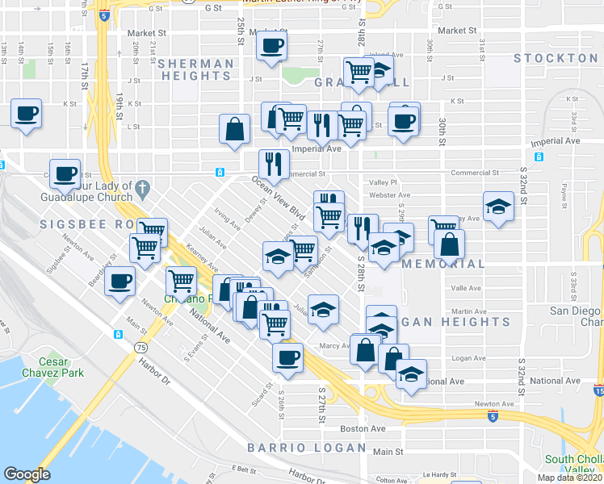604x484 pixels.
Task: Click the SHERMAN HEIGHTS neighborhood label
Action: [x=195, y=69]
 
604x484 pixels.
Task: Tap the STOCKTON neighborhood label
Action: [x=555, y=58]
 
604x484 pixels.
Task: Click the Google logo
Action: [x=26, y=474]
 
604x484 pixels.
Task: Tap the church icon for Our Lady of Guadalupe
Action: [x=142, y=189]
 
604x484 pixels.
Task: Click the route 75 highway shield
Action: [x=141, y=347]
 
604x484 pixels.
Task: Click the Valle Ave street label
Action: [x=466, y=288]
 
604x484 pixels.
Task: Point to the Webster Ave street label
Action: [x=388, y=194]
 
